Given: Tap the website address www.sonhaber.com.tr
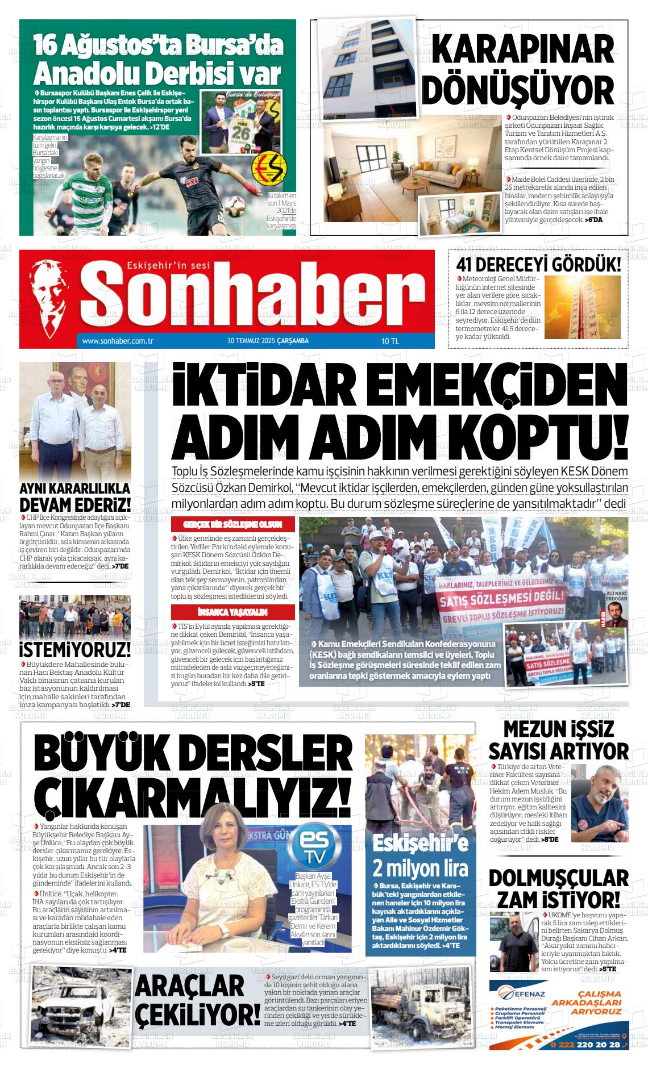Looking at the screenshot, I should [x=118, y=341].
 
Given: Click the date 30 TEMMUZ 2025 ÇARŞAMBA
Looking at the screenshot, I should [x=268, y=341].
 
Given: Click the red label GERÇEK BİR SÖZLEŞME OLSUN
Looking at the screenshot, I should [x=233, y=524].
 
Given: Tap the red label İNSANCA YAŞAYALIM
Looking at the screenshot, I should [x=233, y=612].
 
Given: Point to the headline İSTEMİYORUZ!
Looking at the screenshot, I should [x=75, y=649].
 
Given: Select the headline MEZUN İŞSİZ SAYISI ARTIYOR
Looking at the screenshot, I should [x=558, y=741].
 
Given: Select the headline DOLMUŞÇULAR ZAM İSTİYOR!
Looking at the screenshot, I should [x=558, y=888].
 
